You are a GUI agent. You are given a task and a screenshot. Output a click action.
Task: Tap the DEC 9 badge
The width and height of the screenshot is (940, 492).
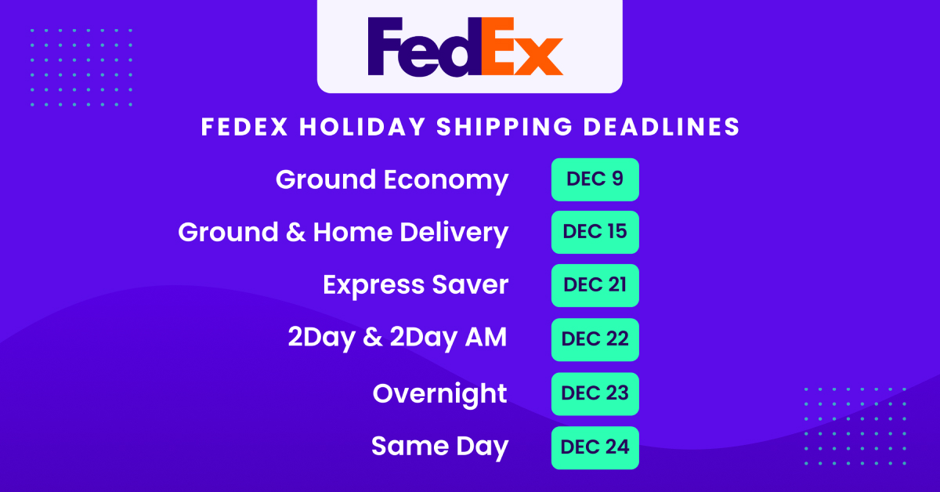(x=595, y=179)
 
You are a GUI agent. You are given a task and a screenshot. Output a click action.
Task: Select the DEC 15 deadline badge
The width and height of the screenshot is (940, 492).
(x=595, y=232)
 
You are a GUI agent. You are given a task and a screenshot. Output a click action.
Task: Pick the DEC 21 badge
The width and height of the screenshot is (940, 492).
(x=595, y=285)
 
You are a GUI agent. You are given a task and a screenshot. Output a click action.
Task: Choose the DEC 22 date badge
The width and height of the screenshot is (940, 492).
(x=595, y=339)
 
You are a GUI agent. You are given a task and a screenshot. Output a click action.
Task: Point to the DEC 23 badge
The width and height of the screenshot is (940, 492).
(x=595, y=393)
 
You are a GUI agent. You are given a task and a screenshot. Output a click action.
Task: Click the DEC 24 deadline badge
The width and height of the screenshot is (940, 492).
(x=595, y=447)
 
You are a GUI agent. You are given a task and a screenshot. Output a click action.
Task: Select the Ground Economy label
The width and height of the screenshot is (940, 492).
(x=392, y=180)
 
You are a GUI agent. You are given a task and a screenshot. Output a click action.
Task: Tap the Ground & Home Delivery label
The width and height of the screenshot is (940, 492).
(x=343, y=233)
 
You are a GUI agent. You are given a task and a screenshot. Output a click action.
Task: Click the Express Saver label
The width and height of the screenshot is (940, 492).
(x=415, y=285)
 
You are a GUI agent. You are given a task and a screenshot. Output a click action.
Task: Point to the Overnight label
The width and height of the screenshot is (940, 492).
(x=439, y=393)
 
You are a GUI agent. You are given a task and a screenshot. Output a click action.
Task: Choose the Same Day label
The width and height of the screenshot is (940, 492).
(x=439, y=447)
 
